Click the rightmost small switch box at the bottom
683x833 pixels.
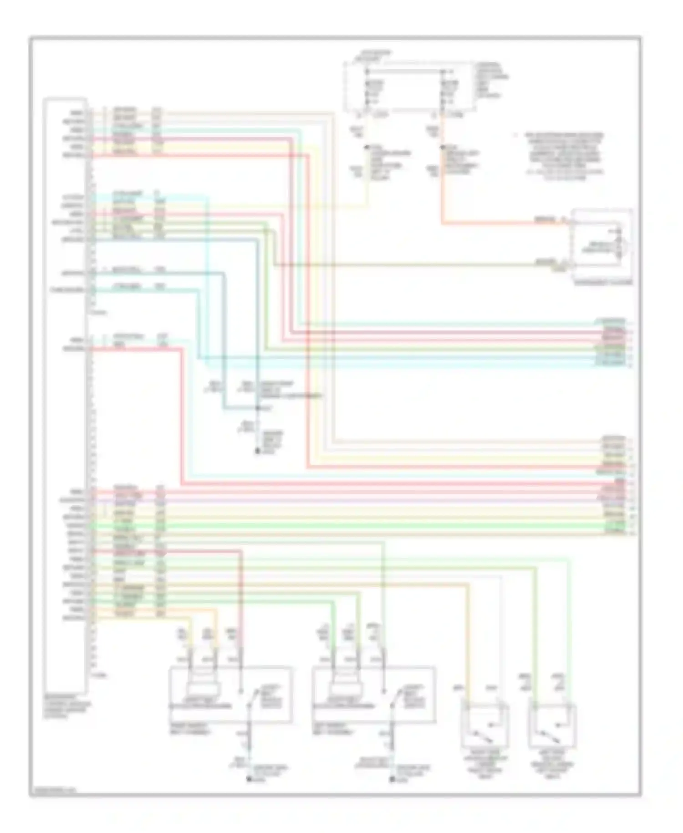tap(552, 726)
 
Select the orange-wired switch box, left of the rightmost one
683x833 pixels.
tap(485, 726)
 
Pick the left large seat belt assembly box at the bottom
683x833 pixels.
tap(230, 695)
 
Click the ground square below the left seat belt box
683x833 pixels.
tap(250, 780)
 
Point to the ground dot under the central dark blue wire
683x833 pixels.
tap(257, 451)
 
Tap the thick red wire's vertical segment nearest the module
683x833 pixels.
tap(182, 415)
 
